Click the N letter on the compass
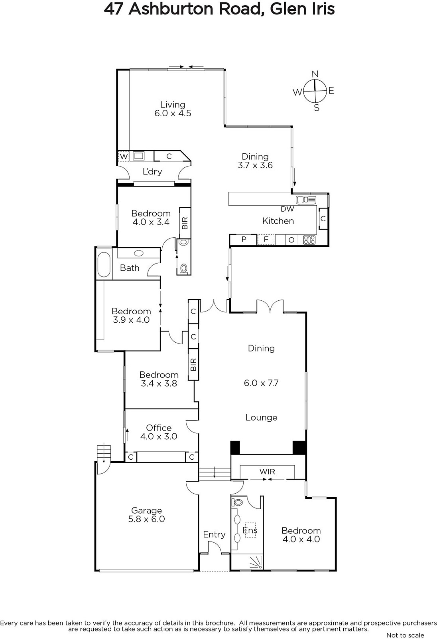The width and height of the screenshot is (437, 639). [315, 74]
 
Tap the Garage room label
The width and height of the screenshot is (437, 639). [146, 510]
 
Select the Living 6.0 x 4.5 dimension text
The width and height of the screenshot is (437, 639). [173, 113]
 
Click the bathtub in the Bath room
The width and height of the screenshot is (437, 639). [104, 264]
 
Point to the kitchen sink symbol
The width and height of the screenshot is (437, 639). [306, 200]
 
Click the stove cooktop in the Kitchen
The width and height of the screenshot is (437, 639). [309, 240]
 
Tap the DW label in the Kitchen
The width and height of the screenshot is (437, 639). [287, 209]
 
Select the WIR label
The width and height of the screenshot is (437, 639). [267, 472]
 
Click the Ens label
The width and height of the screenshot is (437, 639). [250, 530]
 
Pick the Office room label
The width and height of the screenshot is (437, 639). [159, 428]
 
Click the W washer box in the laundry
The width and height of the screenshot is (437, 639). [124, 156]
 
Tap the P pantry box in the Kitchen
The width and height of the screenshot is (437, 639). [244, 239]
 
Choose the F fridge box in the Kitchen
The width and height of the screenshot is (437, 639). [266, 239]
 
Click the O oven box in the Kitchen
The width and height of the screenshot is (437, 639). [291, 240]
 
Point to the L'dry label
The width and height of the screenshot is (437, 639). [152, 171]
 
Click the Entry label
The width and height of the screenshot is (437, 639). [214, 534]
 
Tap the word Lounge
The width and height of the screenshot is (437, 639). [261, 418]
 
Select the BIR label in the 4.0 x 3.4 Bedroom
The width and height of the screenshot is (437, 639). [185, 223]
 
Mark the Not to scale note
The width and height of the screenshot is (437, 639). [405, 635]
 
